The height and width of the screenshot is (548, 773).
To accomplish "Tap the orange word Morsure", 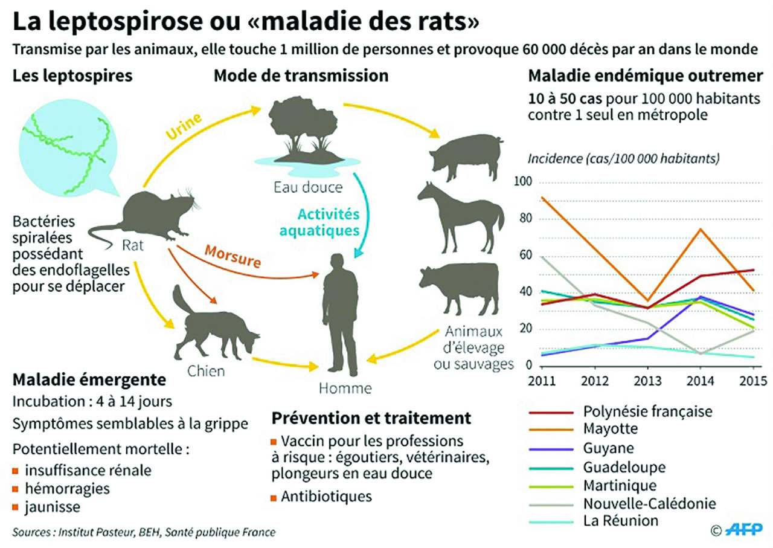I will tap(233, 257).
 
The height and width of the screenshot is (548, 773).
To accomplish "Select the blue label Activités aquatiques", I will tap(327, 222).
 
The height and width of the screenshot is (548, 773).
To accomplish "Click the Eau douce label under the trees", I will tap(306, 187).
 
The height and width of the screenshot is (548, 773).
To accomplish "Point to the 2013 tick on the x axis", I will tap(647, 381).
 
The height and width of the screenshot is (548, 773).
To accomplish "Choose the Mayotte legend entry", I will tap(609, 429).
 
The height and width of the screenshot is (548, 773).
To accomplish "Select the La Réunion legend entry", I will tap(620, 521).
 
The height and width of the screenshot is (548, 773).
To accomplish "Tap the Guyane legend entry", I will tap(608, 448).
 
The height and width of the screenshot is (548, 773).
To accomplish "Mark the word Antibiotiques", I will tap(326, 497).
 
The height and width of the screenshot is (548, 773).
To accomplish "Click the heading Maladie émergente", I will tap(89, 381).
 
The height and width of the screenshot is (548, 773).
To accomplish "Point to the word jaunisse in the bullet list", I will tap(53, 506).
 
